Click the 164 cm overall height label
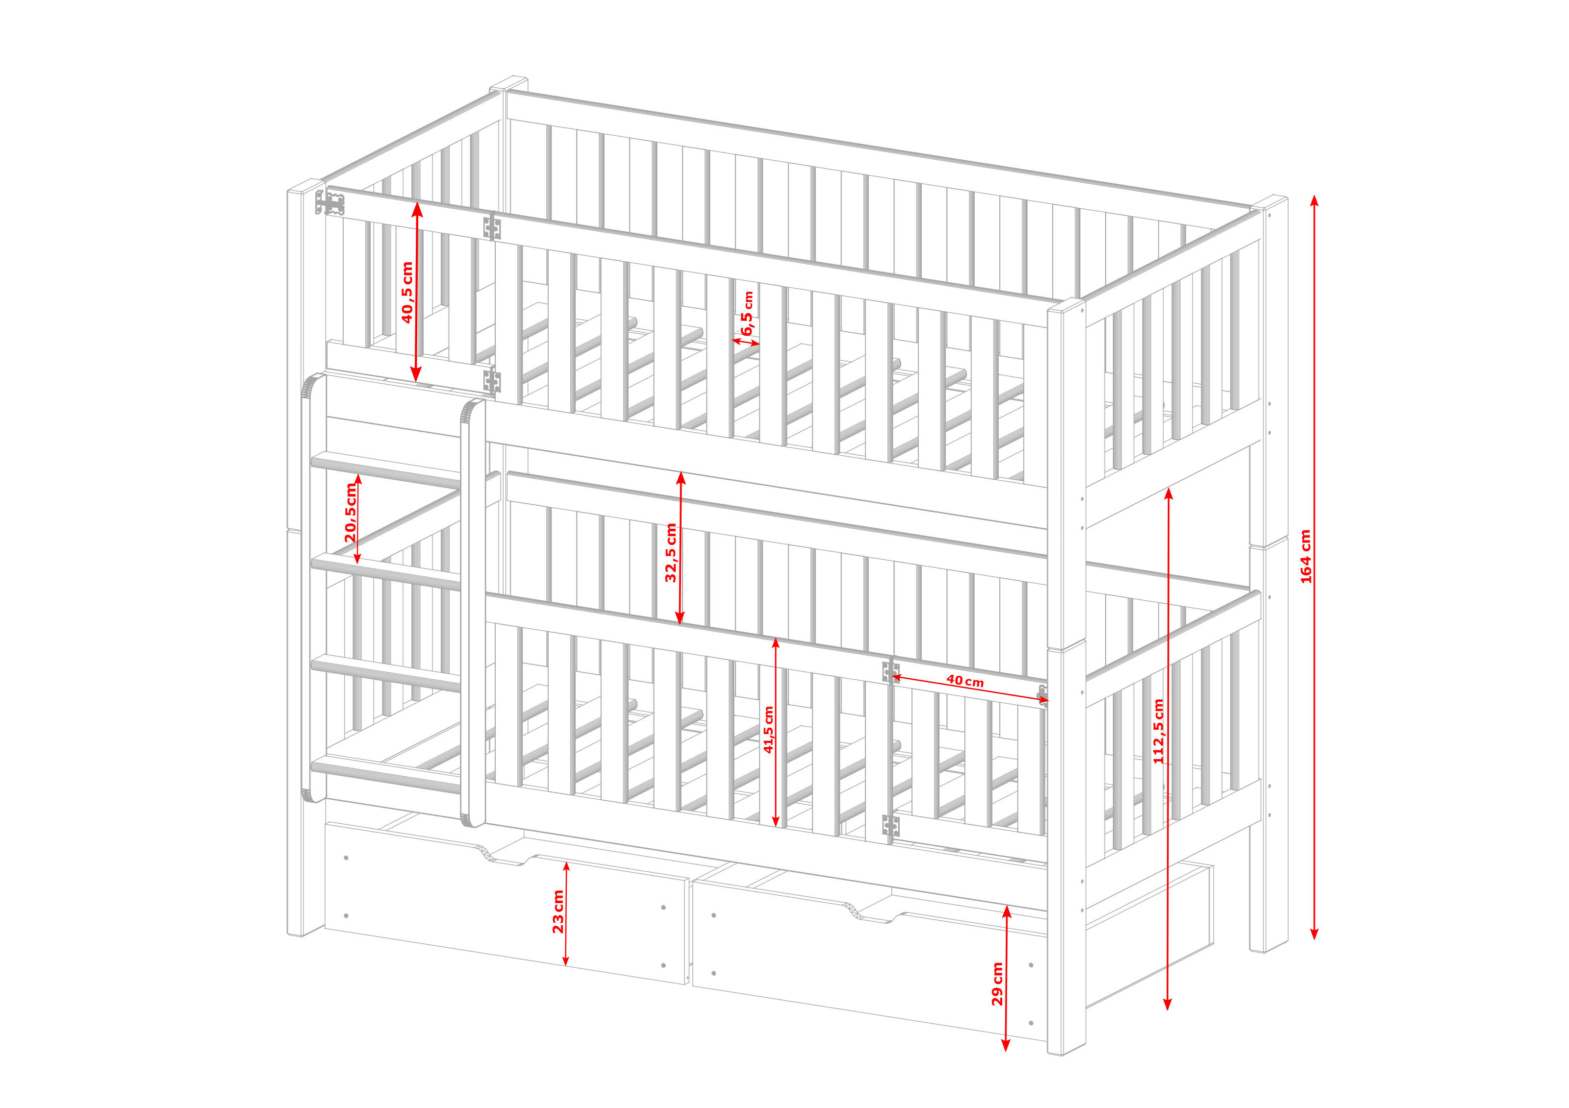pyautogui.click(x=1306, y=557)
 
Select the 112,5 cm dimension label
pyautogui.click(x=1158, y=732)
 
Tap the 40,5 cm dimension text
pyautogui.click(x=407, y=293)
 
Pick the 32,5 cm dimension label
pyautogui.click(x=671, y=553)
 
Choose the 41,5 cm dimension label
pyautogui.click(x=769, y=730)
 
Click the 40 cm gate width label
pyautogui.click(x=965, y=681)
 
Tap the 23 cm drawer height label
pyautogui.click(x=558, y=912)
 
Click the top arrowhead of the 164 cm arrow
pyautogui.click(x=1314, y=199)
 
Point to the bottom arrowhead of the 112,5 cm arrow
pyautogui.click(x=1167, y=1004)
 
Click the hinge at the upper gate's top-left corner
pyautogui.click(x=330, y=203)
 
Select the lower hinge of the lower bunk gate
pyautogui.click(x=890, y=826)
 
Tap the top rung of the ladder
pyautogui.click(x=386, y=468)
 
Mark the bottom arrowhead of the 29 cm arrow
pyautogui.click(x=1005, y=1045)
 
